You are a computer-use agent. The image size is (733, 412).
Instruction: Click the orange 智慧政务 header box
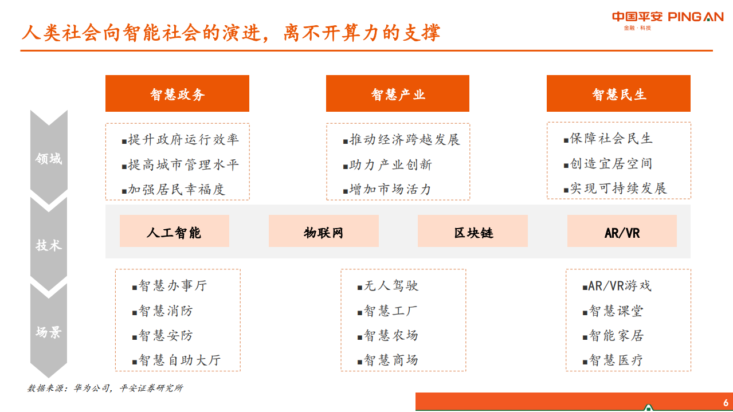coord(177,93)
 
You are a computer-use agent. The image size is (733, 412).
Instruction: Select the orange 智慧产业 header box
coord(398,93)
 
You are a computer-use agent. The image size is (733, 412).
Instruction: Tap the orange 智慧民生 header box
coord(618,93)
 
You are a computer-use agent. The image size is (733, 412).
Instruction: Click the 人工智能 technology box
coord(174,231)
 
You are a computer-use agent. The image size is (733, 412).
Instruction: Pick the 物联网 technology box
coord(323,231)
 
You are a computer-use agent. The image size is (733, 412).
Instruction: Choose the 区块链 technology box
coord(473,231)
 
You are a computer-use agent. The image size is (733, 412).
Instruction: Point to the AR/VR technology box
coord(622,231)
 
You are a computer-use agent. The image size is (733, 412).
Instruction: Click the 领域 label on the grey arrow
coord(49,159)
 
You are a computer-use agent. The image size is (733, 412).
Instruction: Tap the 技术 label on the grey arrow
coord(49,245)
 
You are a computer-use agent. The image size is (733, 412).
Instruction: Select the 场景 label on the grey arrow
coord(49,332)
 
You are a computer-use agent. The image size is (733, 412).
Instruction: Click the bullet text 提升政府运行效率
coord(183,139)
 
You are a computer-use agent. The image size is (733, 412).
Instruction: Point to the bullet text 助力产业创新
coord(390,165)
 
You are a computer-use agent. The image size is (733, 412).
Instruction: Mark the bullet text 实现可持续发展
coord(618,189)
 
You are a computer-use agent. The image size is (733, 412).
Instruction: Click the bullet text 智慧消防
coord(166,311)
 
